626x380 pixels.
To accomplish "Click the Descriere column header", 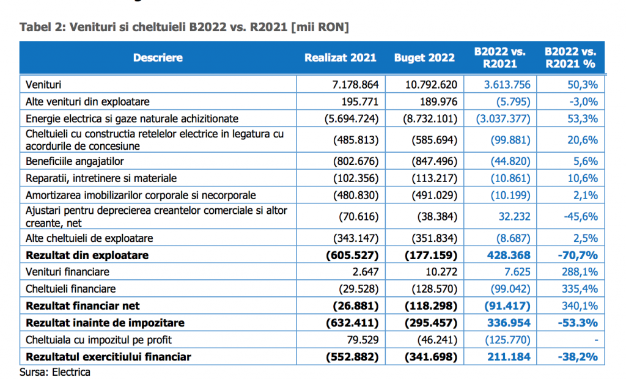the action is click(x=158, y=58).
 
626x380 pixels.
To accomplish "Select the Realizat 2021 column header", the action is click(x=340, y=58).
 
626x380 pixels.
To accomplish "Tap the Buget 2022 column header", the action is click(x=424, y=58).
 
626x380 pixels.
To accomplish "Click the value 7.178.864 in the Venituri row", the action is click(x=355, y=85).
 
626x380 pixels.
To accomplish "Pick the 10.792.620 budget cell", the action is click(x=431, y=85).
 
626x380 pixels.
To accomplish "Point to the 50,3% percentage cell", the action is click(x=583, y=85).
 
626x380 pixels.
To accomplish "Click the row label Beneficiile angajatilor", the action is click(x=75, y=161).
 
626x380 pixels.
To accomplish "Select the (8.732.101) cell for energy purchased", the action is click(x=430, y=119).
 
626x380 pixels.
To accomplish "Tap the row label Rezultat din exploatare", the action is click(x=87, y=255).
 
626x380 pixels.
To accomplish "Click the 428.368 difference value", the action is click(x=509, y=255).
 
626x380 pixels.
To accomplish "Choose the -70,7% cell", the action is click(x=578, y=255).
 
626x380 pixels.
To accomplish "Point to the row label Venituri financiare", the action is click(x=67, y=272).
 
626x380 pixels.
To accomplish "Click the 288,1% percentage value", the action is click(x=579, y=272).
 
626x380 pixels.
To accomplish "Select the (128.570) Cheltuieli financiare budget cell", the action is click(x=435, y=289).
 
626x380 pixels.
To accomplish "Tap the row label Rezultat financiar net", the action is click(x=83, y=306).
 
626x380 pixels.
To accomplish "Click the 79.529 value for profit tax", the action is click(x=363, y=340).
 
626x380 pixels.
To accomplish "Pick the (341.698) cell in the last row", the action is click(x=431, y=357).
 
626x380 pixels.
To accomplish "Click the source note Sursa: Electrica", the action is click(x=54, y=372).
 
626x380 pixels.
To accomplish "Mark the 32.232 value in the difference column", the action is click(x=515, y=217).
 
